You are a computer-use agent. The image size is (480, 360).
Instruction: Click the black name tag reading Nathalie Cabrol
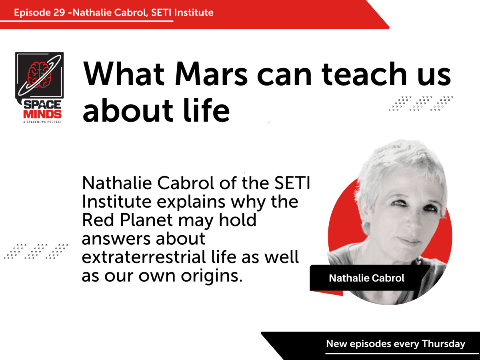[x=366, y=278]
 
